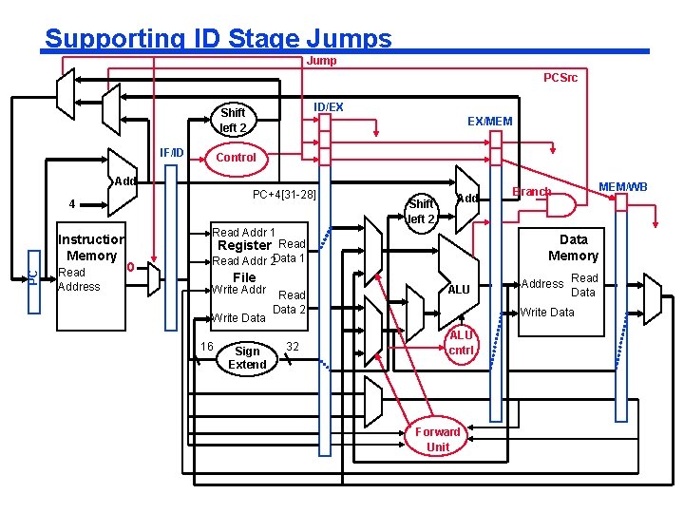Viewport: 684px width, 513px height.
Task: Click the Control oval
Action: pos(236,157)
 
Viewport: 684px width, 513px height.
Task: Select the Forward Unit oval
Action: pos(438,439)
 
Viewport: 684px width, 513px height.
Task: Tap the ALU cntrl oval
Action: pos(461,342)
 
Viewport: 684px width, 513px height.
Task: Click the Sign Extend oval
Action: pos(247,357)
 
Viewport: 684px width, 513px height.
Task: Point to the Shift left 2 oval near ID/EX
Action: pos(233,120)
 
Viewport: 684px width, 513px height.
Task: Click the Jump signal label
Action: pos(322,61)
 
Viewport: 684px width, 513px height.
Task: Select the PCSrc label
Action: pos(560,78)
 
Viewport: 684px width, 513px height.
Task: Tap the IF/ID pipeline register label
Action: pos(172,152)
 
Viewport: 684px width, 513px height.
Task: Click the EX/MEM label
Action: pos(489,122)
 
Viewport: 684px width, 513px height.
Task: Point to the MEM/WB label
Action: pos(623,187)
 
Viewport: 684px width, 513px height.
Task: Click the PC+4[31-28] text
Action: pos(284,195)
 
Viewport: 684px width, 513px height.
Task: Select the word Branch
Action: pos(532,191)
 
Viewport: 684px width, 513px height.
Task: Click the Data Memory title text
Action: pos(573,247)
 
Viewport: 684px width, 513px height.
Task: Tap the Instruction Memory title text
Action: pos(90,247)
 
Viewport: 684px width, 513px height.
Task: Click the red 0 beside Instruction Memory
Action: pos(130,266)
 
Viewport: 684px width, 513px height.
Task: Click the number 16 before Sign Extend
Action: pos(206,346)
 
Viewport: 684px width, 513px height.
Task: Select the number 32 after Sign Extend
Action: pos(293,347)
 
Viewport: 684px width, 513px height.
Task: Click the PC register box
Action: pos(33,275)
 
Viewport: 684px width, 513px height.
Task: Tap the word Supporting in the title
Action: pos(104,39)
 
